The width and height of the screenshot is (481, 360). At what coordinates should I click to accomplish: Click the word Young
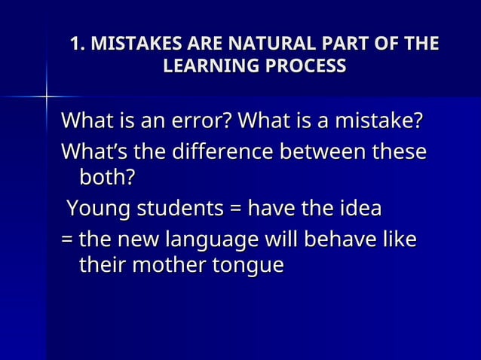click(94, 208)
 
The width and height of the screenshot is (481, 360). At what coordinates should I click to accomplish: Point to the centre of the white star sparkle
click(47, 97)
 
